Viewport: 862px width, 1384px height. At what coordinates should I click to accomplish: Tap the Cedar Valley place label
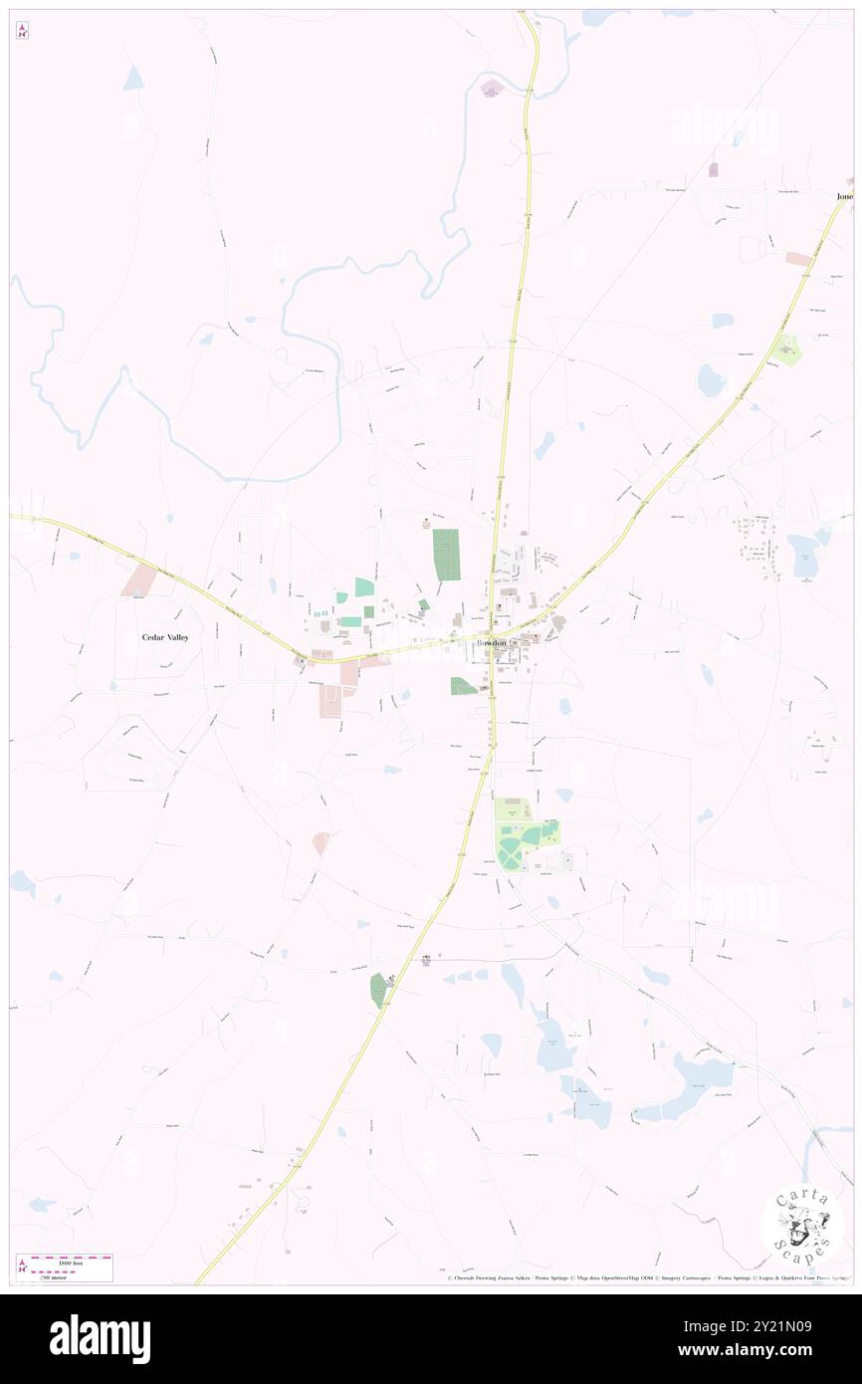coord(165,636)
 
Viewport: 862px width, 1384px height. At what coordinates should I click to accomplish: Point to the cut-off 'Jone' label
coord(843,197)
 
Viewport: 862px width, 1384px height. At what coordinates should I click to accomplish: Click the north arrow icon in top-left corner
coord(22,31)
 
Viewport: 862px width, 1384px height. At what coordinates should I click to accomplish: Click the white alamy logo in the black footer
coord(100,1338)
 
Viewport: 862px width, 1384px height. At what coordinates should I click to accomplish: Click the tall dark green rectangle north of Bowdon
coord(447,555)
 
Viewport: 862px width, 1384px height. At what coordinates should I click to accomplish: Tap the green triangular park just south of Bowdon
coord(463,686)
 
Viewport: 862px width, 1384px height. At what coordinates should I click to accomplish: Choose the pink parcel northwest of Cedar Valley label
coord(139,580)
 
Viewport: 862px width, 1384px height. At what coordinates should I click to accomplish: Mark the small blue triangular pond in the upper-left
coord(133,81)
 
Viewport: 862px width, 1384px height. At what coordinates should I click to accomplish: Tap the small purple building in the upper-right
coord(713,170)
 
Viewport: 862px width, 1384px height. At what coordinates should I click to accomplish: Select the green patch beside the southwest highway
coord(378,989)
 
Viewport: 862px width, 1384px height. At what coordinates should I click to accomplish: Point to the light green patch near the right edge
coord(786,350)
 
